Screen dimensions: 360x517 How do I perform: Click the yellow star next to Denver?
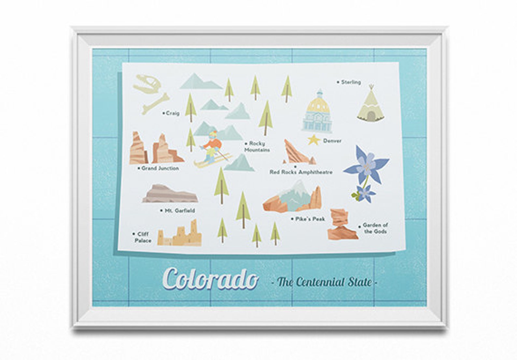pos(313,140)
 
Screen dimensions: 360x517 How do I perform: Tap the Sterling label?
pos(351,82)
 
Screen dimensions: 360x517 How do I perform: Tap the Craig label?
pos(172,113)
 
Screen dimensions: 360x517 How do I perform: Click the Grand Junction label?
pos(160,168)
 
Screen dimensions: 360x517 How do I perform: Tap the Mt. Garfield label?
pos(179,211)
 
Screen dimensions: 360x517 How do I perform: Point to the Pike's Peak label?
pos(310,219)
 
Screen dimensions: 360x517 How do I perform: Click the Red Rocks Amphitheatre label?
pos(301,172)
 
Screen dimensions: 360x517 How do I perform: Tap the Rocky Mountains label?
pos(257,147)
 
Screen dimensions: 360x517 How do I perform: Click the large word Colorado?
pos(211,279)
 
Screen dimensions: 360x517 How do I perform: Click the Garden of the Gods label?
pos(375,228)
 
